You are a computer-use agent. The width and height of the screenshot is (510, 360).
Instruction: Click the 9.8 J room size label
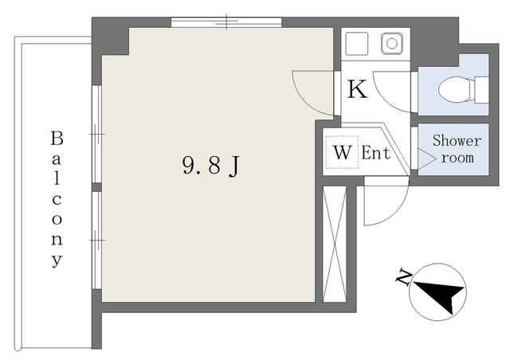(x=211, y=165)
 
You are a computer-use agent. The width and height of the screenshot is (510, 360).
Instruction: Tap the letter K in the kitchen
(x=357, y=88)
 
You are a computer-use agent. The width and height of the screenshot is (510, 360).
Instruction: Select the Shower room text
(x=457, y=149)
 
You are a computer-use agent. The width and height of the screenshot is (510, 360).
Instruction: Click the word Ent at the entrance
(x=376, y=152)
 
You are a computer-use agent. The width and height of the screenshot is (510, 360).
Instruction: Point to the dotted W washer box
(x=342, y=152)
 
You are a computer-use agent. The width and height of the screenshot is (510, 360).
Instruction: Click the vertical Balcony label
(x=57, y=199)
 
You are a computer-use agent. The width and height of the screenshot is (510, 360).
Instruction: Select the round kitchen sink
(x=391, y=43)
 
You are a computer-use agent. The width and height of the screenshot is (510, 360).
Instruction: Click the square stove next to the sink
(x=357, y=43)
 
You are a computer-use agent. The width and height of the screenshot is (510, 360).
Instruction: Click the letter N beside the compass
(x=404, y=276)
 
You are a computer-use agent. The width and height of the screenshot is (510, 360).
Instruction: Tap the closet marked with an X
(x=335, y=244)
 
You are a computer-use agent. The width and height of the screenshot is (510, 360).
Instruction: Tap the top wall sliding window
(x=226, y=22)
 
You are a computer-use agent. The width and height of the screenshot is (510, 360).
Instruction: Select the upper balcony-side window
(x=96, y=134)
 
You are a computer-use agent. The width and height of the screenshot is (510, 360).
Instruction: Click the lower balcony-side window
(x=96, y=241)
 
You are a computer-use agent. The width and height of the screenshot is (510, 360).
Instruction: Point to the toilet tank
(x=481, y=90)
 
